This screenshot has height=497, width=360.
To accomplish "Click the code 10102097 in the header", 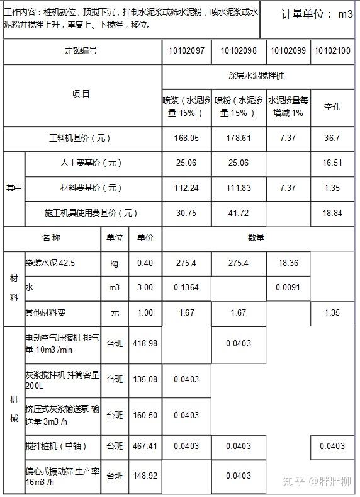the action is point(186,51).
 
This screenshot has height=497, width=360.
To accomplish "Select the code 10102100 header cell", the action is point(332,51).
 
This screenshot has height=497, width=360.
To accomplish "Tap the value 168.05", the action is point(186,138).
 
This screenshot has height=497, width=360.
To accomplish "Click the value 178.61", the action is point(239,138).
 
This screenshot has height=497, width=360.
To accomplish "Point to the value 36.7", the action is point(332,138).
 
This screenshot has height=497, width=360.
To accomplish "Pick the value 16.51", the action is point(332,163).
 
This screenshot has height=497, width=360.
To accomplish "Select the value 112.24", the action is point(186,188).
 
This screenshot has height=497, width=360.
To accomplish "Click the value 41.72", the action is point(239,213).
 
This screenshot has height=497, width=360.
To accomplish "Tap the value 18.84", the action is point(332,213).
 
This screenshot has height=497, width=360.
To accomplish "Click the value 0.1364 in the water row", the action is point(186,287).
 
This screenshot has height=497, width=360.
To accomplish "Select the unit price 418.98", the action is point(144,343).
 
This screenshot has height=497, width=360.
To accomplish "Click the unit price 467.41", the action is point(144,447).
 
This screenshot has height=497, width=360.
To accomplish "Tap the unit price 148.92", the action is point(144,476).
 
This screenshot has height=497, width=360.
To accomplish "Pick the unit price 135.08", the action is point(144,379).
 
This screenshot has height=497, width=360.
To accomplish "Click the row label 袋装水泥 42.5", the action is point(50,263).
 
